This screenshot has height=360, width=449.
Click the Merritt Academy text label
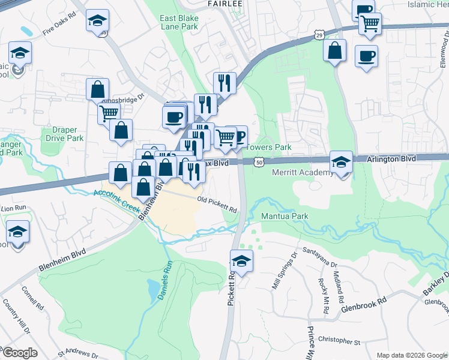(303, 173)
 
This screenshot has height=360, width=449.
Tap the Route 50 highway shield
(258, 162)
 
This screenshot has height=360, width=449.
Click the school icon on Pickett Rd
(241, 261)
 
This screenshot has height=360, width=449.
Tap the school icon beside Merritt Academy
(341, 161)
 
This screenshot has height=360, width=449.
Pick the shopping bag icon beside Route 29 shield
(335, 51)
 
